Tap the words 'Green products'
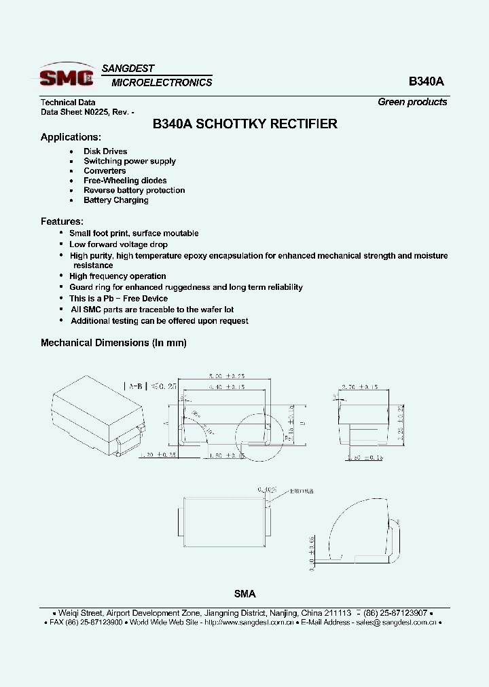[x=412, y=102]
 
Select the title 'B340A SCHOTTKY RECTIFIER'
[x=244, y=124]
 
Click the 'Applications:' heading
[x=71, y=137]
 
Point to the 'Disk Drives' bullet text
[x=105, y=151]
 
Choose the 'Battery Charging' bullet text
[x=115, y=200]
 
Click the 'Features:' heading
[x=62, y=221]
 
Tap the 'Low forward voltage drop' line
[x=118, y=244]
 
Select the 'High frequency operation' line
[x=117, y=276]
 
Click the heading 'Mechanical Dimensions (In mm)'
[x=113, y=343]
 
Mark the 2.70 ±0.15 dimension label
[x=359, y=387]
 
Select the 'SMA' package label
[x=244, y=594]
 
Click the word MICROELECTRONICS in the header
[x=162, y=83]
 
